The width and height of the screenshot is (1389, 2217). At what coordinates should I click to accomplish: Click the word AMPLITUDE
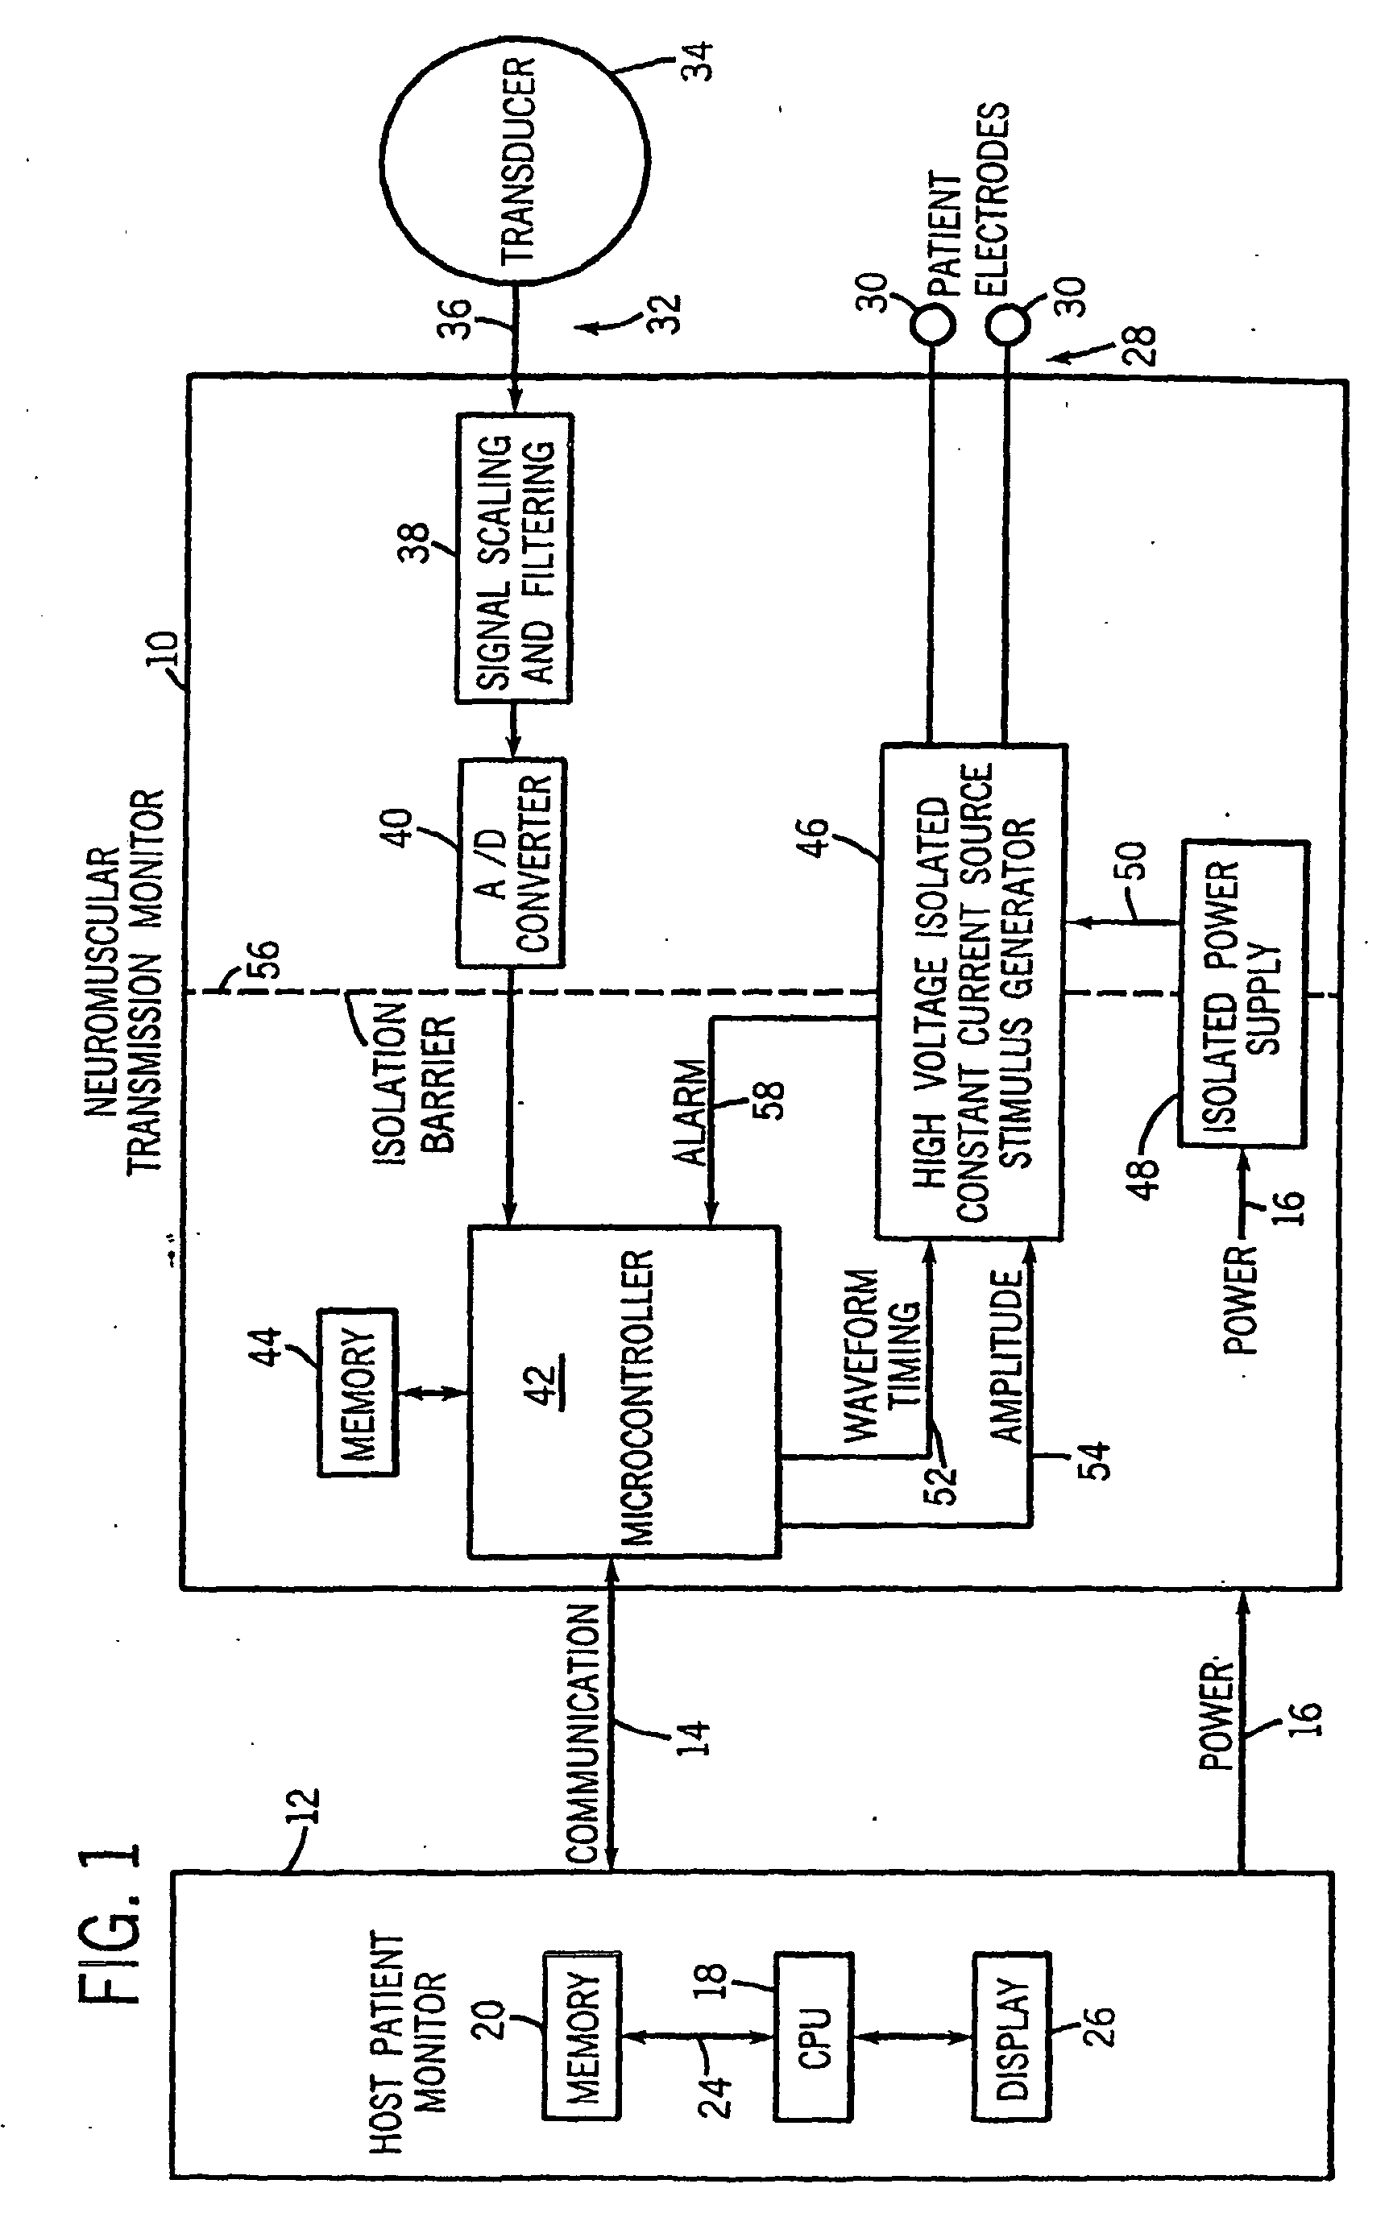[1007, 1356]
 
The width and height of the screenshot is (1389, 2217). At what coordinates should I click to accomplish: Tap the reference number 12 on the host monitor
[306, 1806]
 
